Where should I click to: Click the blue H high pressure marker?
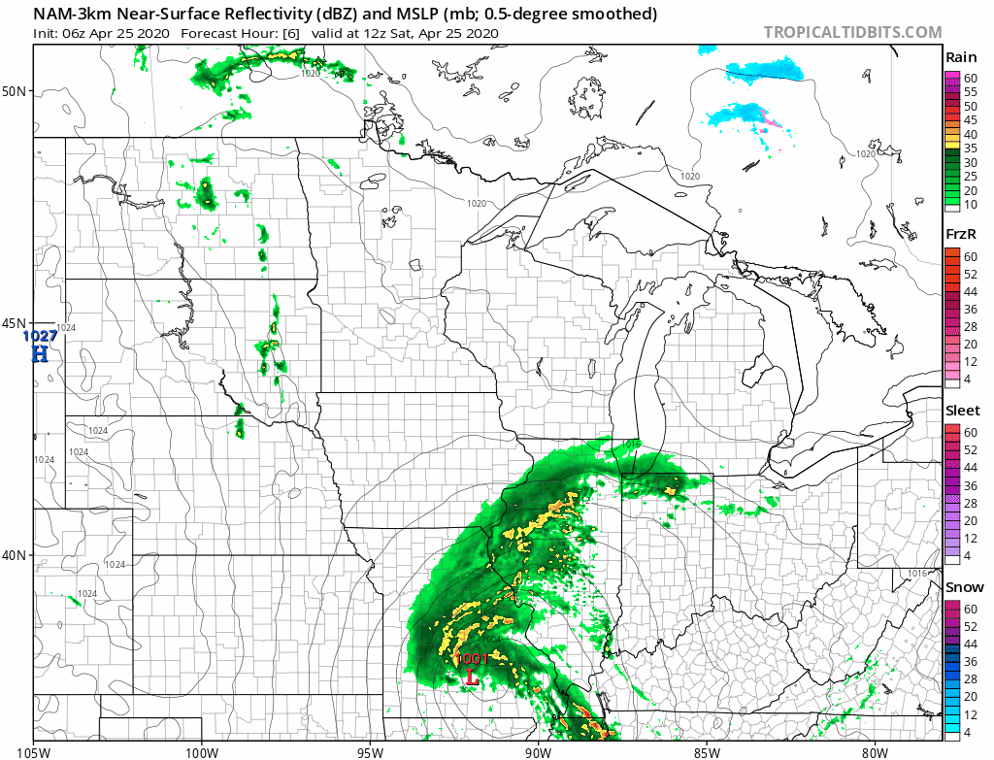[x=40, y=353]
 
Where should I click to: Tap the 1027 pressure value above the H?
[x=41, y=336]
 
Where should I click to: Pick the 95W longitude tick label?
[x=370, y=750]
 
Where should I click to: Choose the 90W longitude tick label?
[x=538, y=750]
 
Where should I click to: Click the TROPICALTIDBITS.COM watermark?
[x=852, y=32]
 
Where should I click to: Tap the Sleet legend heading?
[x=962, y=411]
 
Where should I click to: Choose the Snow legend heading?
[x=964, y=587]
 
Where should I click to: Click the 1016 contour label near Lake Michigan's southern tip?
[x=629, y=444]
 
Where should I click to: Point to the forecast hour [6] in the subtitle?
[x=290, y=33]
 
